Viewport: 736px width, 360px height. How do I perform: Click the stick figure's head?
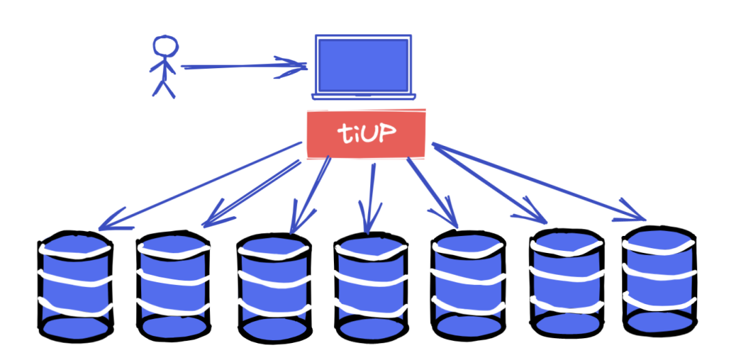tap(164, 46)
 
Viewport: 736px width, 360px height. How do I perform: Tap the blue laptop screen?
tap(363, 64)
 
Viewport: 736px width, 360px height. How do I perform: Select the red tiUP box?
tap(366, 134)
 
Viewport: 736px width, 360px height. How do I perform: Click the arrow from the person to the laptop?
tap(239, 66)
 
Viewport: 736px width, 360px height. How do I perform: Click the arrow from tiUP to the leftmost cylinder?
tap(204, 183)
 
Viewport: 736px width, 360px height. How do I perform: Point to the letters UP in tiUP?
tap(383, 133)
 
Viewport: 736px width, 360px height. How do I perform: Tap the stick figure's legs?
tap(164, 87)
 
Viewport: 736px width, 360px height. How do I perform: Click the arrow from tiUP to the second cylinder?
tap(252, 192)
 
